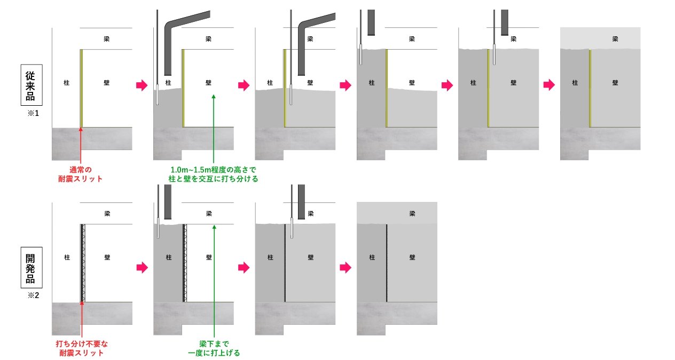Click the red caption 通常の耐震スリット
(80, 175)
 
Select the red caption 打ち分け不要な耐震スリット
(81, 348)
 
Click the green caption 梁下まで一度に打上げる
(214, 348)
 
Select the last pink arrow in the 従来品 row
(548, 85)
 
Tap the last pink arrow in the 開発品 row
(346, 267)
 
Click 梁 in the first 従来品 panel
(107, 39)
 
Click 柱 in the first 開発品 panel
(67, 257)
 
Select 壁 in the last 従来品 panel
(615, 83)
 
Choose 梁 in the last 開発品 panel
(412, 214)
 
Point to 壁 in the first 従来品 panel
(107, 83)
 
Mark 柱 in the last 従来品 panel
(575, 83)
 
